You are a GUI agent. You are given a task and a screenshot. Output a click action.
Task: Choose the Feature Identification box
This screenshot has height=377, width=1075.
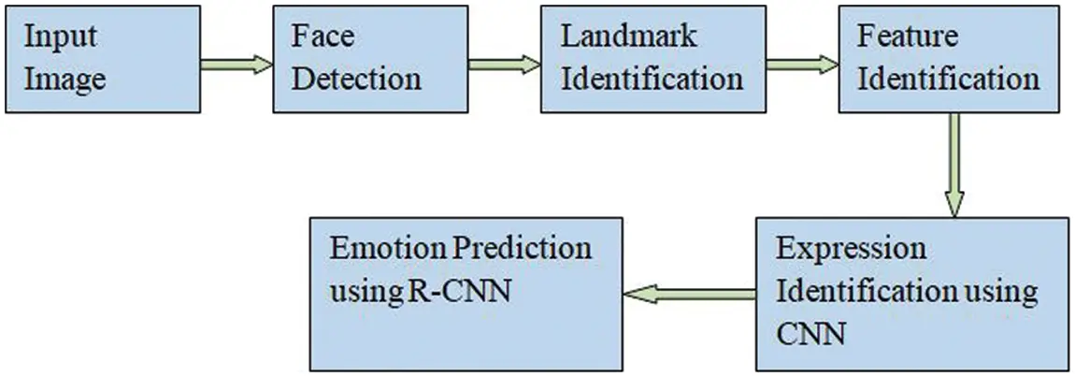point(950,58)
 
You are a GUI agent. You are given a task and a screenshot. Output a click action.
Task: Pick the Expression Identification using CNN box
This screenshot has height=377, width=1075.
point(910,294)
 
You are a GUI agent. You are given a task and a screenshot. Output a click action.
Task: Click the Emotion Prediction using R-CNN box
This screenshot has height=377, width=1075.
point(465,294)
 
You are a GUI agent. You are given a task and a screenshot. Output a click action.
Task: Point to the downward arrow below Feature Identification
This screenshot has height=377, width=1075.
point(953,164)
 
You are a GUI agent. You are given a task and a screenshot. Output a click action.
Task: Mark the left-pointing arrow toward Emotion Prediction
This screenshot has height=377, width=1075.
point(689,295)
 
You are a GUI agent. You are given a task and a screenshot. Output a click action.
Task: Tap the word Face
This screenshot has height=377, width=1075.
point(322,37)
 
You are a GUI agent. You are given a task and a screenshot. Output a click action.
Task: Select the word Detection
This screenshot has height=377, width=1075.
point(355,78)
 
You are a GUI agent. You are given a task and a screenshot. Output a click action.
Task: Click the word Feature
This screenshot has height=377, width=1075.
point(908,37)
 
